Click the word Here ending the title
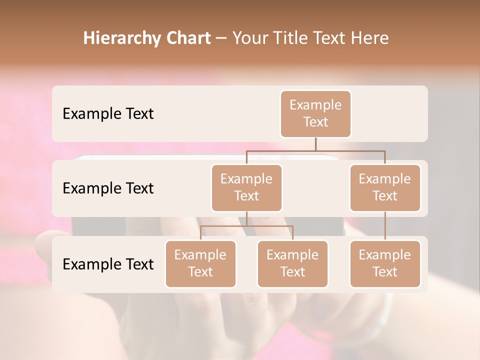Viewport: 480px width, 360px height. (x=369, y=38)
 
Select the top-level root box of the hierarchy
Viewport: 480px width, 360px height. (x=315, y=114)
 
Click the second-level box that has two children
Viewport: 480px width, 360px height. (x=246, y=188)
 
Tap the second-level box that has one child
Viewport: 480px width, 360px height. (x=385, y=188)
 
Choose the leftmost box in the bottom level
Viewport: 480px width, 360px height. (x=200, y=264)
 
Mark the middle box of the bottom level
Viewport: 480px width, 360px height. (x=292, y=264)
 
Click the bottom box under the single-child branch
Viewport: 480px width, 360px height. (x=385, y=264)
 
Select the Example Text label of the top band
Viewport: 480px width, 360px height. (x=108, y=114)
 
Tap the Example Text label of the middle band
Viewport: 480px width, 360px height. (x=108, y=188)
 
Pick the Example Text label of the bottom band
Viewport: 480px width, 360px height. (x=108, y=264)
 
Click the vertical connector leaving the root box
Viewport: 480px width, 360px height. (x=315, y=144)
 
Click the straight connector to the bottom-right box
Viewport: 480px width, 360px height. (x=385, y=226)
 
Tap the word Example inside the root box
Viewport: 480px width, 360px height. (x=315, y=105)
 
